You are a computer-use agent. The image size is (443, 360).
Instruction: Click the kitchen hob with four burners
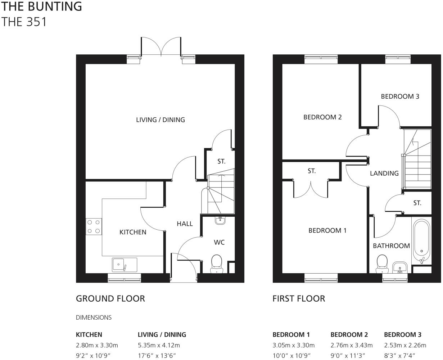93,227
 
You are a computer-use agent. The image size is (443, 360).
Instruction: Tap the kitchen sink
124,265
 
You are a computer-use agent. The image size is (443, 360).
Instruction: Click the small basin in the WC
220,220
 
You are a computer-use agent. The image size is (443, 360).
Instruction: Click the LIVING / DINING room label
160,120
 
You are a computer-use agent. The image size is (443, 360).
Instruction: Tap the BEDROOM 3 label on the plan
400,96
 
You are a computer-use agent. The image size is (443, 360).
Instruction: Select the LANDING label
384,173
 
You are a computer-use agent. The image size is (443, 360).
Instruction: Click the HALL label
185,224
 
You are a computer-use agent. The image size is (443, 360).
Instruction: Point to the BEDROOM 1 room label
327,230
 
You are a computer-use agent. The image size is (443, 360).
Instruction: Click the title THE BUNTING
41,6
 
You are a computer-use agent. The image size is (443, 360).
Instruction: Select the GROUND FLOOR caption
110,298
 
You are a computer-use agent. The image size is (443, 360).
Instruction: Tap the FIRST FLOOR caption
299,298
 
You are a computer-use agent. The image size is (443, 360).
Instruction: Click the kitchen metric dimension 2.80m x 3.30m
97,345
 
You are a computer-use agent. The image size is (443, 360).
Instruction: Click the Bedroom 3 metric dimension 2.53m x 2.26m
405,345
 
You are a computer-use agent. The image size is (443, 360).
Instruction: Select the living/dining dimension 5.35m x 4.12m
159,345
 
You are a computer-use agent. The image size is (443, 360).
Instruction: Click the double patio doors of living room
161,47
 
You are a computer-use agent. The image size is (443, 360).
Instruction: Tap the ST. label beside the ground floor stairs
221,162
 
